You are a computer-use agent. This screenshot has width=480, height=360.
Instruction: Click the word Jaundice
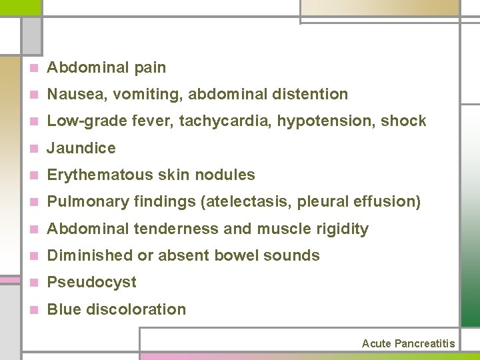coord(81,148)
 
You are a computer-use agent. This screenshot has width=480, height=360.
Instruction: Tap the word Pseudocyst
coord(92,283)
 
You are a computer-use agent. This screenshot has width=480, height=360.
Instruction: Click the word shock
coord(404,121)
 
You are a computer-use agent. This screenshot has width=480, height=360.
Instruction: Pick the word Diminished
coord(90,255)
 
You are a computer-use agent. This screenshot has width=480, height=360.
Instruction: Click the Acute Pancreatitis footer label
coord(408,344)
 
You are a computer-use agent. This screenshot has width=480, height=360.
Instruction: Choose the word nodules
coord(230,175)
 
